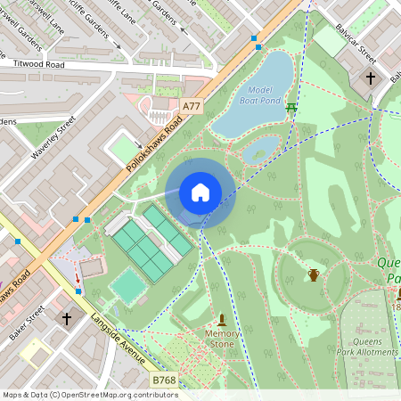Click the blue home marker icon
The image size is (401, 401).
pos(200,192)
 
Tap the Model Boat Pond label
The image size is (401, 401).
pos(259,95)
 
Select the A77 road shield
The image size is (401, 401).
pos(191,106)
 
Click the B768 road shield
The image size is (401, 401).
pos(164,381)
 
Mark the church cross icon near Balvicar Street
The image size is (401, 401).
pos(371,78)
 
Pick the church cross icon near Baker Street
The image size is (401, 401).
pos(66,317)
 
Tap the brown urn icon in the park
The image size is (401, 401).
pos(314,274)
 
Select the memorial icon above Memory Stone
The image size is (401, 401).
pos(222,319)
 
